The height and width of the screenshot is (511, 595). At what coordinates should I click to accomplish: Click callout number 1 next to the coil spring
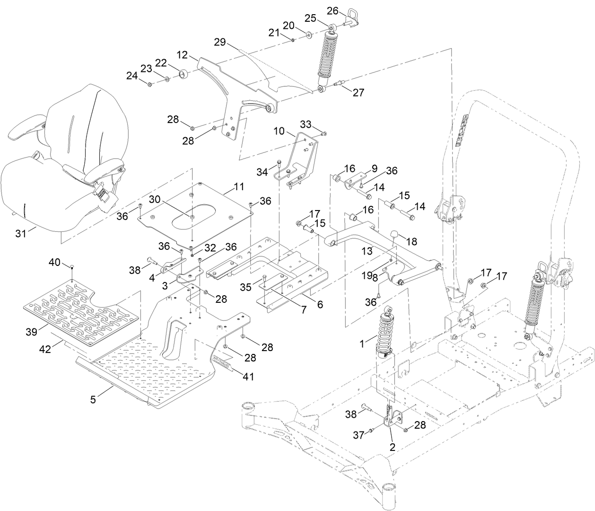click(362, 344)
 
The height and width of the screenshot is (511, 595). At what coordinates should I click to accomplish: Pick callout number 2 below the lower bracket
click(392, 446)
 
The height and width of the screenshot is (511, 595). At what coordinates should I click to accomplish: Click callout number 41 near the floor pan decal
click(248, 377)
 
